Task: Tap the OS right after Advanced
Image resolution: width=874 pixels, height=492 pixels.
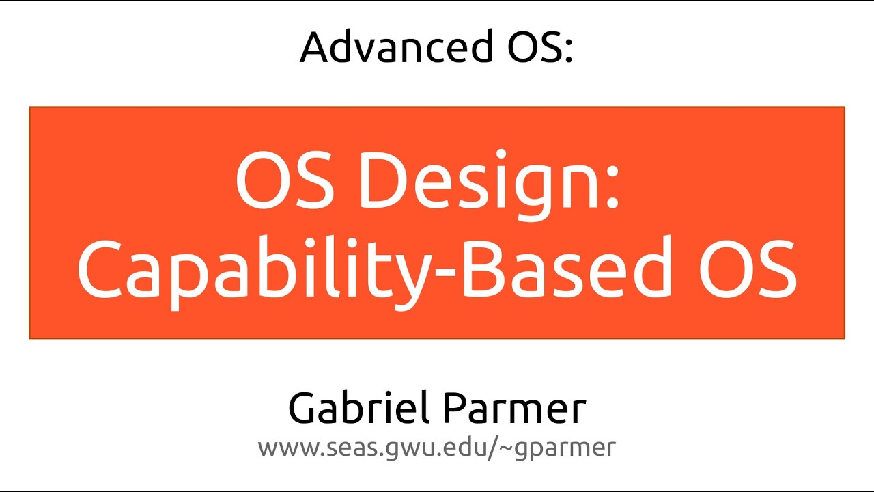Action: pyautogui.click(x=527, y=47)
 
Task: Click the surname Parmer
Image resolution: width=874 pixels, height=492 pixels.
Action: pyautogui.click(x=513, y=408)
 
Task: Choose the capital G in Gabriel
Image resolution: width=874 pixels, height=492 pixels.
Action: pyautogui.click(x=305, y=408)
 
